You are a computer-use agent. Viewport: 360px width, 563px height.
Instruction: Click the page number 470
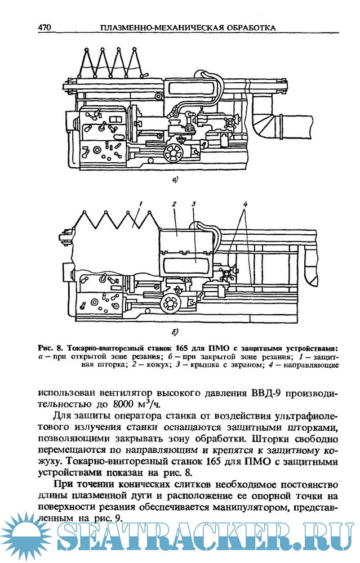[x=45, y=26]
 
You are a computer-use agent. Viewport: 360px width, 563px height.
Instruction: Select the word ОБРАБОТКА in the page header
[x=241, y=26]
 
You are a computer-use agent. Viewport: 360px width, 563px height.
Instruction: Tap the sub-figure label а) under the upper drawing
[x=175, y=180]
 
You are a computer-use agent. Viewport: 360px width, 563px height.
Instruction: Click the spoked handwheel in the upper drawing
[x=175, y=152]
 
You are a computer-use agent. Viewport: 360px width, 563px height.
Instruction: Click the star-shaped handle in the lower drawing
[x=229, y=275]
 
